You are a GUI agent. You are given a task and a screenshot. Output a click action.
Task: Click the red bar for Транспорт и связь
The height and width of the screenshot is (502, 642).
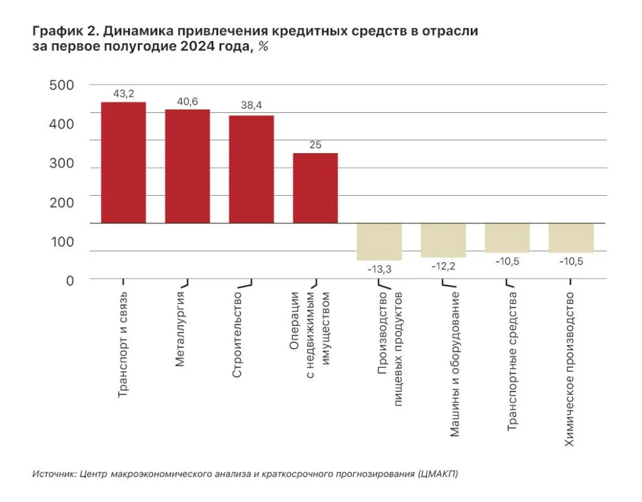point(124,163)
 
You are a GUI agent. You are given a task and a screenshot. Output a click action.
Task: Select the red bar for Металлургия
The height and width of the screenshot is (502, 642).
point(187,166)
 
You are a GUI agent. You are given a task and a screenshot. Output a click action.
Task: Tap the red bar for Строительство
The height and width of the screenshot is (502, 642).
point(251,169)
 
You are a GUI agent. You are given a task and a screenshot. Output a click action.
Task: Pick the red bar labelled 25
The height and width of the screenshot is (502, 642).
point(315,188)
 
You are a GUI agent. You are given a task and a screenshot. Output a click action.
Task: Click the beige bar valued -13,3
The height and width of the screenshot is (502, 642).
point(379,242)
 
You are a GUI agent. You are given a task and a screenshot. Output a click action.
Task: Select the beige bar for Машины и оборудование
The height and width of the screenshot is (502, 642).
point(443,240)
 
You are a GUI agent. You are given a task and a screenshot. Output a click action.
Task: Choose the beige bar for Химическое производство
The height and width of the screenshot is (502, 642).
point(571,238)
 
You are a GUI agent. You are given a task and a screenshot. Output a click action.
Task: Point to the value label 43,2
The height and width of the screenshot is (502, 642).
point(124,93)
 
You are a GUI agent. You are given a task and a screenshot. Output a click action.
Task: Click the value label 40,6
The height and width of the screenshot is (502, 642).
point(187,101)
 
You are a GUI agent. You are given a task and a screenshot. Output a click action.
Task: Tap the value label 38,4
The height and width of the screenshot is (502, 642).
point(251,106)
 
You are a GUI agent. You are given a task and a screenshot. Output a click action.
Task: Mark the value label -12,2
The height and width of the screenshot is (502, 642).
point(443,266)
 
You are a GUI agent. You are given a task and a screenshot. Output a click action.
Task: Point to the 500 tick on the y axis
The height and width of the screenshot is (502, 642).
point(61,85)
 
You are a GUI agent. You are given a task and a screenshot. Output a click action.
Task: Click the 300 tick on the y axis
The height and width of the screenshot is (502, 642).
point(61,164)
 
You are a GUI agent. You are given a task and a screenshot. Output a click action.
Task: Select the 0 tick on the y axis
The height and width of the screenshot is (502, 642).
point(70,280)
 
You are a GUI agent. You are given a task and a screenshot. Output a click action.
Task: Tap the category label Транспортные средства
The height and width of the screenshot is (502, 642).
point(512,361)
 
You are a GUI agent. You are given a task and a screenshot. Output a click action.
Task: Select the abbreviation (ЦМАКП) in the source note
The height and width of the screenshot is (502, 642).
point(437,474)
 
